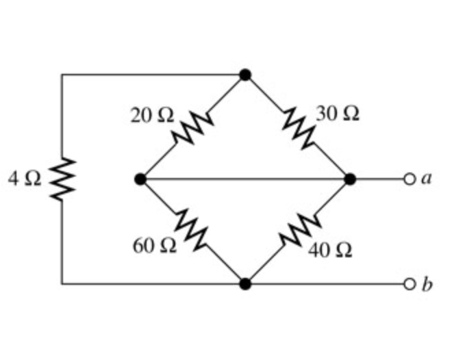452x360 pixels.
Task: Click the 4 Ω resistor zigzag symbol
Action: click(x=62, y=179)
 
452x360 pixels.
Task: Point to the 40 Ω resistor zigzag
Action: click(x=299, y=231)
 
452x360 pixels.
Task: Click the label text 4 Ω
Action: click(x=25, y=179)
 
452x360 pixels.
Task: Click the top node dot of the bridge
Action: click(x=245, y=75)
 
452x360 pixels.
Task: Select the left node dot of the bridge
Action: click(x=140, y=179)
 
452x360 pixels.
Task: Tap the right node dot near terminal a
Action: click(x=350, y=179)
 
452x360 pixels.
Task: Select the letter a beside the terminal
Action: click(x=426, y=179)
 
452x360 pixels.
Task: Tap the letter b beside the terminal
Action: click(x=426, y=283)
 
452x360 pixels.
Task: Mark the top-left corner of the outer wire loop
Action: click(x=62, y=75)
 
